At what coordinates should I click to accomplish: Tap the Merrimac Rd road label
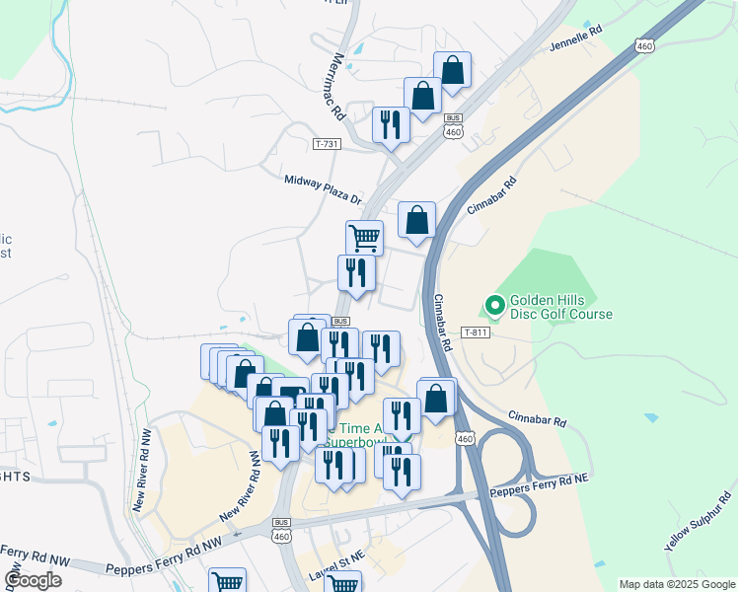tap(339, 86)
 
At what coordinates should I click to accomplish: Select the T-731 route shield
tap(327, 144)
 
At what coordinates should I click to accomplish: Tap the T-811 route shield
tap(475, 333)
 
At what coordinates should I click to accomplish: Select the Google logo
tap(33, 579)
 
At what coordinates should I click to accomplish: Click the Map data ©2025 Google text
tap(676, 584)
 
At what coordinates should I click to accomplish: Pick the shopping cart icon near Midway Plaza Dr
tap(364, 237)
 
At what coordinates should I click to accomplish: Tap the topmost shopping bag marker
tap(452, 70)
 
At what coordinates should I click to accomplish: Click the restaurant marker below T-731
tap(391, 124)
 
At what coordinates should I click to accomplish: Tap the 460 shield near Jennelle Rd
tap(644, 45)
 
